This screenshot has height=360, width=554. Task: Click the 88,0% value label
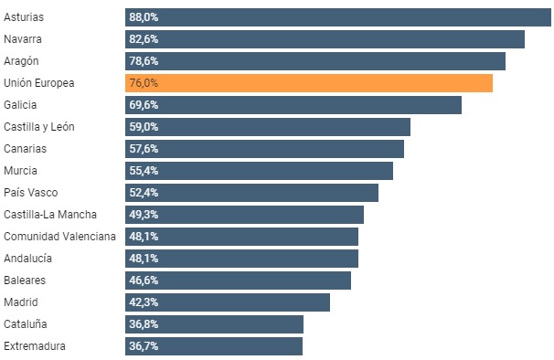144,17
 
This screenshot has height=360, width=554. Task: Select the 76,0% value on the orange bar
144,83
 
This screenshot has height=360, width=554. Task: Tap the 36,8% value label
144,324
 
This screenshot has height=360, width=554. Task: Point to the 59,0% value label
144,127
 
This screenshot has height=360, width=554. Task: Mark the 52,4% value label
144,193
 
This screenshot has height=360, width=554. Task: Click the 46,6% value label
144,281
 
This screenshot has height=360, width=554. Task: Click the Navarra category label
23,39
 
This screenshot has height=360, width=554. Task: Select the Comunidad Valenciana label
59,237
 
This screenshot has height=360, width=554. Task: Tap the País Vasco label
30,193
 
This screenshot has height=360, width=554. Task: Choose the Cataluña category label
26,324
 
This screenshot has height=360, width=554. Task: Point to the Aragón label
22,61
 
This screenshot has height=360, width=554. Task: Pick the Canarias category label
25,149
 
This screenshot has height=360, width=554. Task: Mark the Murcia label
20,171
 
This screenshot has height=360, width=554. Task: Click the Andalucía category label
27,259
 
